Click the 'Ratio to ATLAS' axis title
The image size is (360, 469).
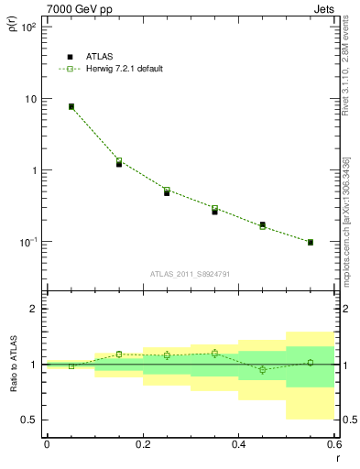[12, 365]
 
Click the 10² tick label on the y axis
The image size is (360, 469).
[28, 27]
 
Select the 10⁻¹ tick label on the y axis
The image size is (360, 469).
[28, 242]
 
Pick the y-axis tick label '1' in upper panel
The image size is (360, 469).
[35, 170]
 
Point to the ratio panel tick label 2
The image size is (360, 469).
[35, 309]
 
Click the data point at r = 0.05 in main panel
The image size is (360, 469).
[71, 106]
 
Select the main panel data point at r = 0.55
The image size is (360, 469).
[311, 242]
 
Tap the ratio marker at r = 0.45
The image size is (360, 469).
[263, 370]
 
